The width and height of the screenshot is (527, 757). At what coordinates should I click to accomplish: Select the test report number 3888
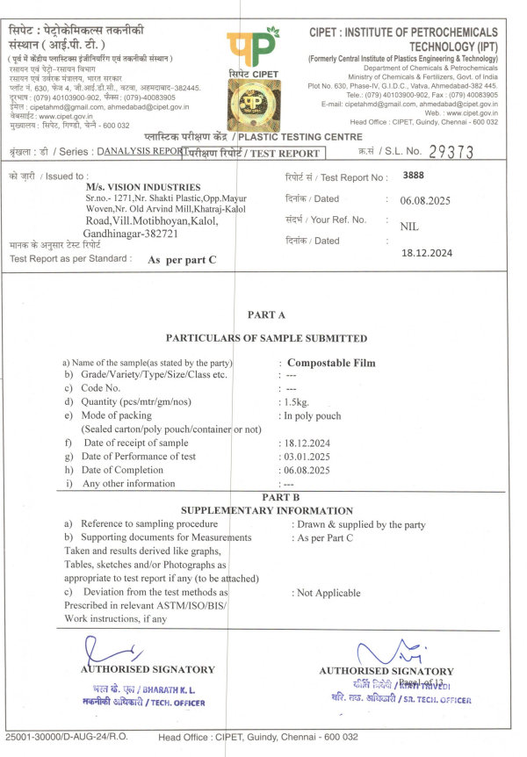click(x=413, y=176)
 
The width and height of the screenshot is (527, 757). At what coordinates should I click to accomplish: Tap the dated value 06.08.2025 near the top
click(x=425, y=200)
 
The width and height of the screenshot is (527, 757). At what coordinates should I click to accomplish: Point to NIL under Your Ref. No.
click(x=408, y=226)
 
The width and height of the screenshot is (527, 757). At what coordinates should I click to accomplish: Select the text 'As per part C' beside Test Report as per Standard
click(x=181, y=260)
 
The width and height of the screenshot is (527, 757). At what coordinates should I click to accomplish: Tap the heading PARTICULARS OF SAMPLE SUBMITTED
click(x=267, y=338)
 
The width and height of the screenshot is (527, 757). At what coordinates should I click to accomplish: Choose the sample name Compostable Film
click(x=331, y=363)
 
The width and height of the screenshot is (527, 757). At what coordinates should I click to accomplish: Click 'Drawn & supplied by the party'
click(x=358, y=524)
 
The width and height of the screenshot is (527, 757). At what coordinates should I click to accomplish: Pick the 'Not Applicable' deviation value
click(x=325, y=593)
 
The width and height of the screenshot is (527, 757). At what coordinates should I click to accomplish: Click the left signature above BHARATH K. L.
click(x=114, y=650)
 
